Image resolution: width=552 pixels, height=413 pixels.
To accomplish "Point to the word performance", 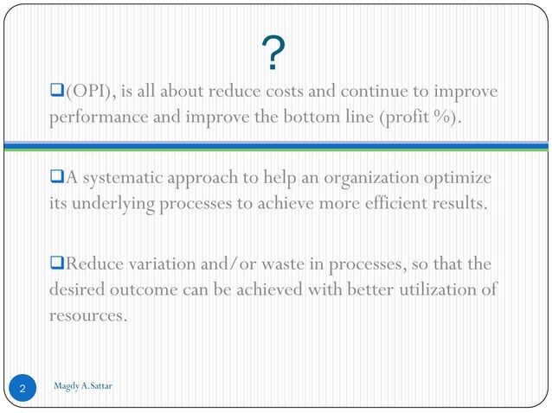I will click(x=93, y=118).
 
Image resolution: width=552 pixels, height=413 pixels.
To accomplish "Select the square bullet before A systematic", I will click(x=59, y=179).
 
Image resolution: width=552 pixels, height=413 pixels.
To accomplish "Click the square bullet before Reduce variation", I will click(x=59, y=264).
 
